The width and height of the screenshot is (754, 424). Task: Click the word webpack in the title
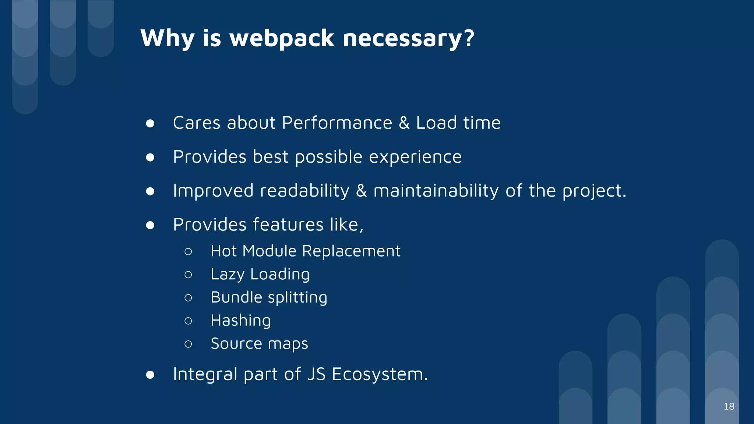(x=282, y=38)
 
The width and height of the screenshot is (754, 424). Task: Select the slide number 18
(x=729, y=406)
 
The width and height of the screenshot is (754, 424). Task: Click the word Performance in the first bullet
(x=337, y=123)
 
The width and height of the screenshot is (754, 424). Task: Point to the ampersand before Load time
(x=404, y=123)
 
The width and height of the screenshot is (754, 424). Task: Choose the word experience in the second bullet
(x=415, y=158)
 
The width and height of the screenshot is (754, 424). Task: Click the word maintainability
(x=436, y=191)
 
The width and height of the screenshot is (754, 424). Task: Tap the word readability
(x=304, y=191)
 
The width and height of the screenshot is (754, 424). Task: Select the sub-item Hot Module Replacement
(x=305, y=251)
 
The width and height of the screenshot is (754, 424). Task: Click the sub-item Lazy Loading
(x=260, y=275)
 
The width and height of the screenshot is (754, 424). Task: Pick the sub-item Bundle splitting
(x=269, y=297)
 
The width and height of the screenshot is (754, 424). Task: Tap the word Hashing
(x=240, y=321)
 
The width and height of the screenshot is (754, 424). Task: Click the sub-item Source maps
(x=259, y=344)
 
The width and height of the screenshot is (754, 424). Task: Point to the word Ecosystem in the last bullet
(x=379, y=374)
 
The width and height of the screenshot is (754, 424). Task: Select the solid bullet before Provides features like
(x=150, y=225)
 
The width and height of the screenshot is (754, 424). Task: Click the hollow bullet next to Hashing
(x=188, y=321)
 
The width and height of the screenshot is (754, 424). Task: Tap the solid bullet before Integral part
(x=150, y=375)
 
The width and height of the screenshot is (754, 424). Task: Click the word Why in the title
(x=167, y=38)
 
